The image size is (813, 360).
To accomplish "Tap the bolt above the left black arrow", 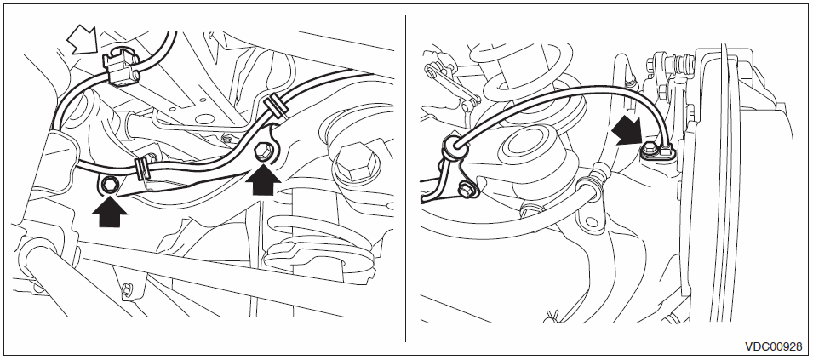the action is pos(110,183).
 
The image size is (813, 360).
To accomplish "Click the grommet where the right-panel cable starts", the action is pos(454,147).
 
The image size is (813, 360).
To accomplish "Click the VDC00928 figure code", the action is pos(773,346).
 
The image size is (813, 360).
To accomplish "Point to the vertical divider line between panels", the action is pos(405,178).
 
